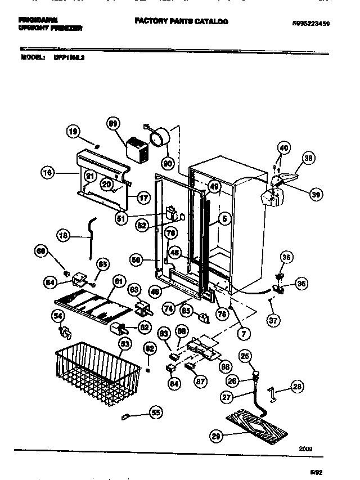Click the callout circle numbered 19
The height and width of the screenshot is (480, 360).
[73, 132]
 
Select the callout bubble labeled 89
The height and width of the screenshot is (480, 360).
[113, 124]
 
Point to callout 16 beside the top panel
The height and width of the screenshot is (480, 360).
[48, 174]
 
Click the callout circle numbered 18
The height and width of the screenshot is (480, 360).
[65, 236]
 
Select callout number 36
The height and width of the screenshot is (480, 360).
[301, 284]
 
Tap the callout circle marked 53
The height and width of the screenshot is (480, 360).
[125, 343]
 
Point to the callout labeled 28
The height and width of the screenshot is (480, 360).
[298, 386]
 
